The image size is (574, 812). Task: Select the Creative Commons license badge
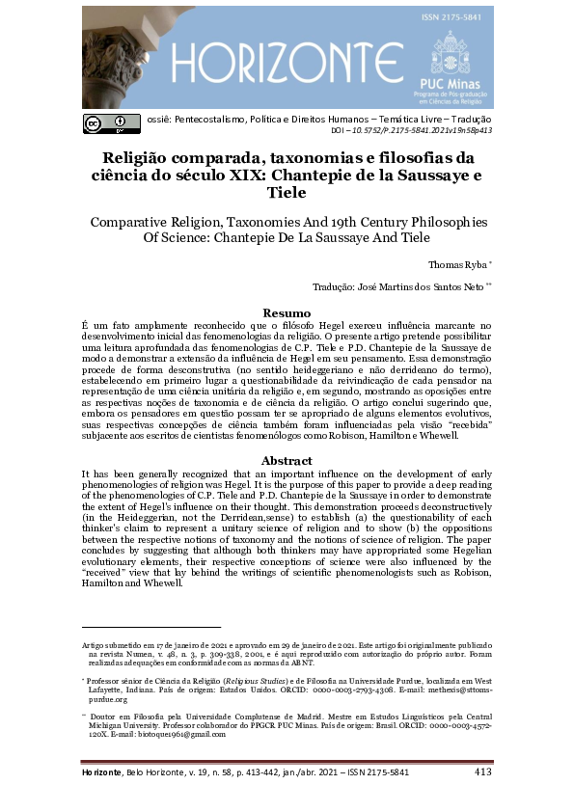[106, 122]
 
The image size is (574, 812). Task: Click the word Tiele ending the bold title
[287, 193]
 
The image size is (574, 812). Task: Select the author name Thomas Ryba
[454, 263]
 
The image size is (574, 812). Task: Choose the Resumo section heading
[287, 312]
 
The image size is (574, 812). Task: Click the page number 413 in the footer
[483, 772]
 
